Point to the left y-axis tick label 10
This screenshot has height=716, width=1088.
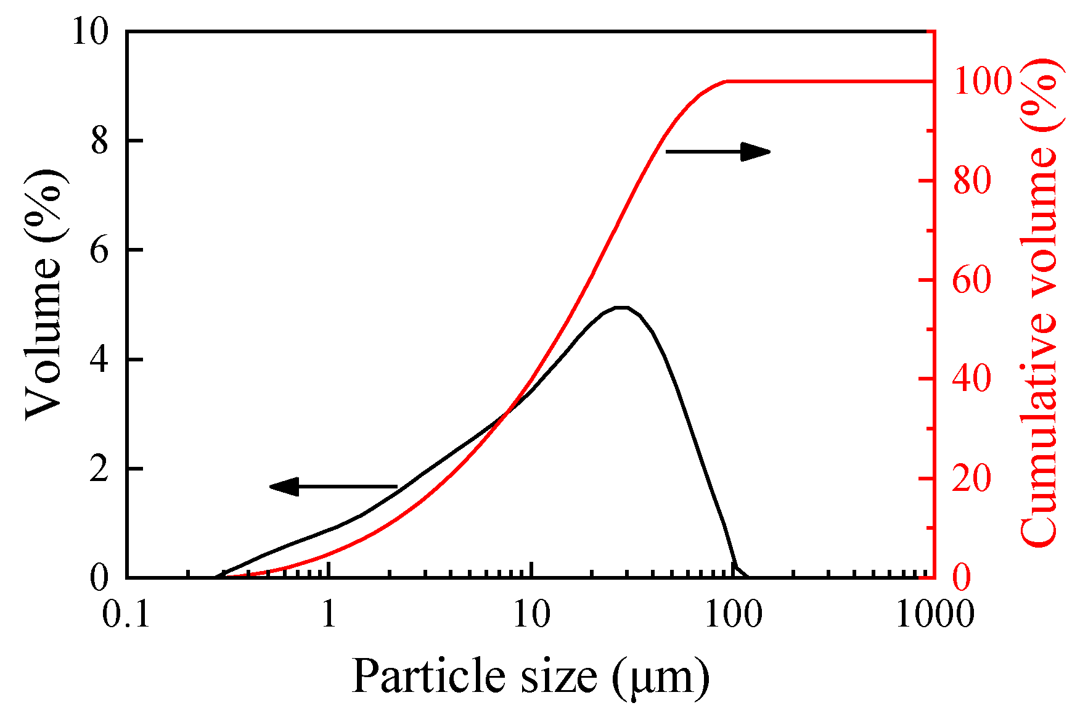pos(91,31)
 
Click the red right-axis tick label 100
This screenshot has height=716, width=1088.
pos(983,82)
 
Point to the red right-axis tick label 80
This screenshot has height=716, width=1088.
pos(972,181)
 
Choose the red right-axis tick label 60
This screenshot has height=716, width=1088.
pos(972,281)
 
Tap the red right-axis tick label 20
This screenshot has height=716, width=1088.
pos(972,479)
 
